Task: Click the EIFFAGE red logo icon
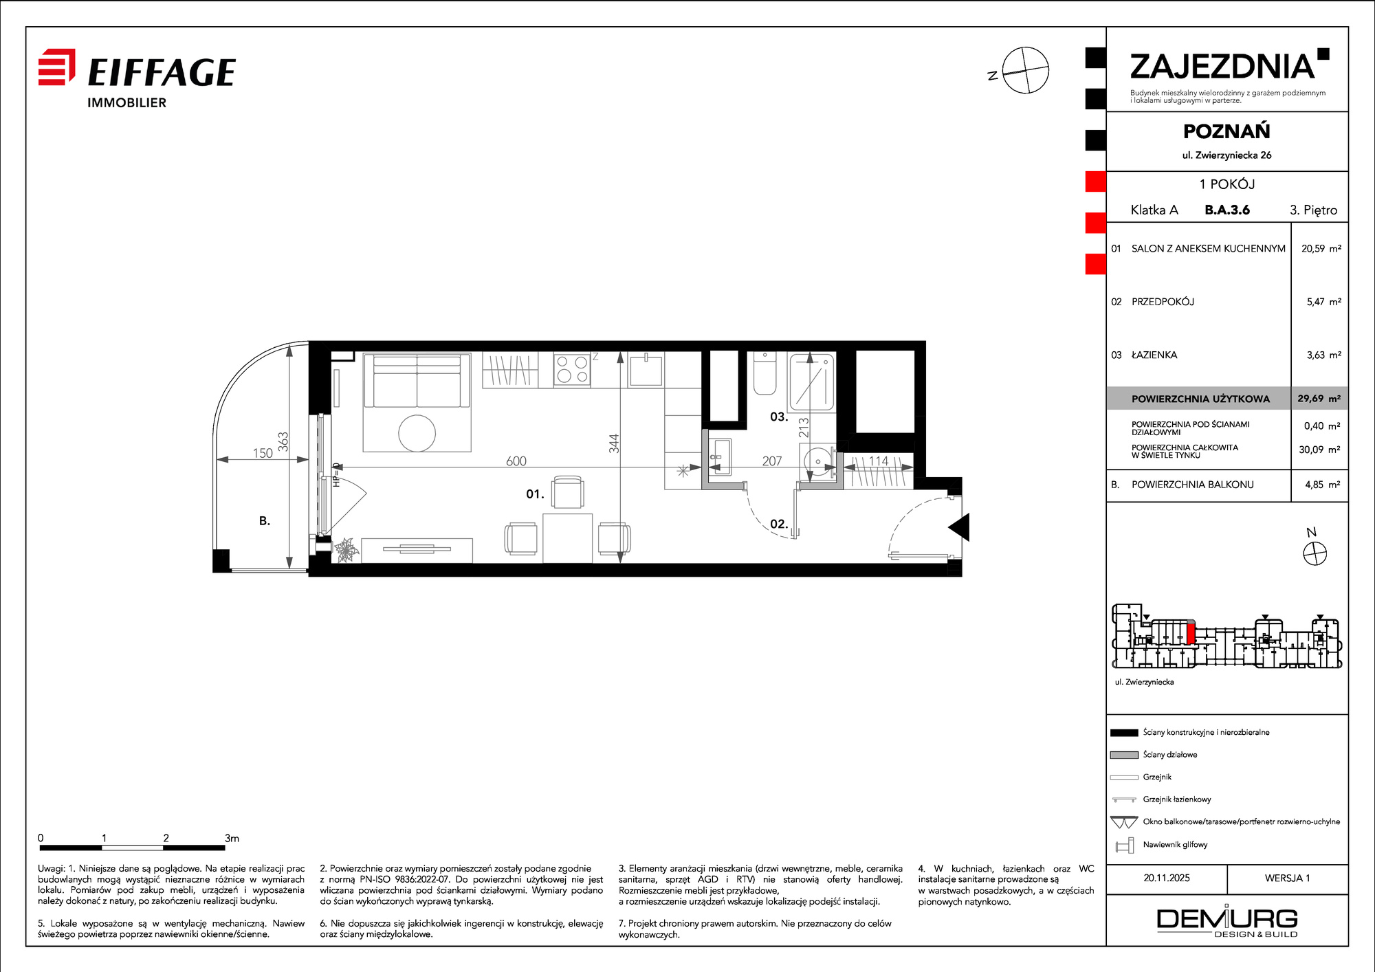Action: [x=56, y=67]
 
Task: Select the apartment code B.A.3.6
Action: [x=1227, y=210]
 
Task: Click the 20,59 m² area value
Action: [x=1321, y=248]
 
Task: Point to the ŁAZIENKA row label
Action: [x=1154, y=355]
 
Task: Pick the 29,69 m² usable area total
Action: [x=1319, y=398]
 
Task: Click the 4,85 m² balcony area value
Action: [x=1323, y=485]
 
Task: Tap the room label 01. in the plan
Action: [x=535, y=494]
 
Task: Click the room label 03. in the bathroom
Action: [x=779, y=417]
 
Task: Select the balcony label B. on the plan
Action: [x=265, y=521]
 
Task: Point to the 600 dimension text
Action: [x=516, y=461]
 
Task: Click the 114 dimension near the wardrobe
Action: [x=879, y=461]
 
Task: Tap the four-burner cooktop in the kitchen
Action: [x=572, y=369]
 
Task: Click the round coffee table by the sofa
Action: [x=417, y=433]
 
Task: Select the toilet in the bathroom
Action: [x=764, y=373]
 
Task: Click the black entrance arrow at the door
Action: [x=959, y=527]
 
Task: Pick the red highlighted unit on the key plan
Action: [x=1191, y=632]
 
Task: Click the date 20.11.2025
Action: [x=1167, y=878]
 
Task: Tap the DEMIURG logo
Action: [x=1227, y=921]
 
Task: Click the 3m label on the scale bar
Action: [x=232, y=838]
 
